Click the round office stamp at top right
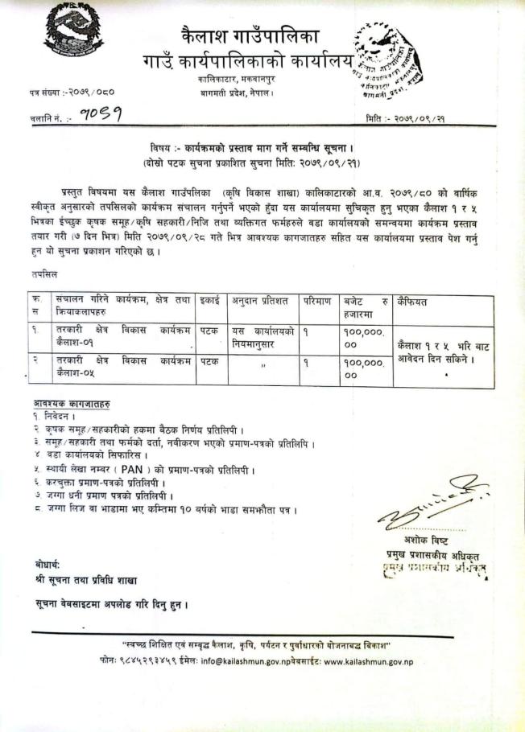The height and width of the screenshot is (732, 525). pos(384,60)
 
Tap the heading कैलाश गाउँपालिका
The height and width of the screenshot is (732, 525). pos(250,36)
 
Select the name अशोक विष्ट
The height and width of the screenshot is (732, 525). pos(423,542)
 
